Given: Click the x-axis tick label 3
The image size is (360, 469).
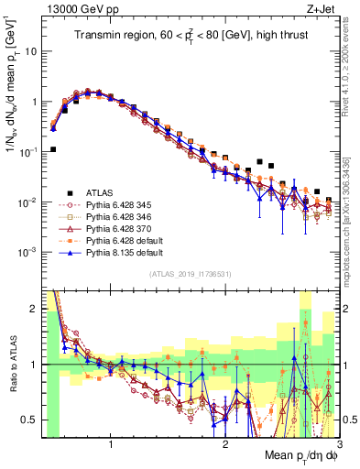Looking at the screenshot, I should coord(339,445).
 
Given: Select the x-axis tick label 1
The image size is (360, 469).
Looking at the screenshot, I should coord(111,445).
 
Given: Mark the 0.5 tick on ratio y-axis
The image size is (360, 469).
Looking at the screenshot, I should coord(31,420).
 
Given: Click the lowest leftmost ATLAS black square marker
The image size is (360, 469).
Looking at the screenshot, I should coord(53,148).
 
